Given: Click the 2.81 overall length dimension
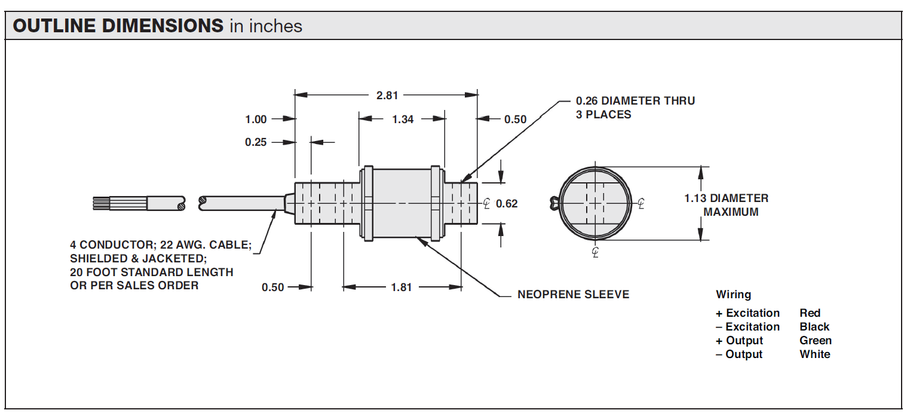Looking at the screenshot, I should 387,95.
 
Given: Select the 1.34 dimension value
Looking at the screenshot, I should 403,119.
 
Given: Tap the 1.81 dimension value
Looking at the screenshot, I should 402,287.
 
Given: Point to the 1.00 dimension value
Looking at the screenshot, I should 256,119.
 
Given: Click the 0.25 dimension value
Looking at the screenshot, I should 256,142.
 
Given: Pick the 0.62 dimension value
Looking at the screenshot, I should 507,204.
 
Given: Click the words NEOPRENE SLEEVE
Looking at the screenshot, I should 573,294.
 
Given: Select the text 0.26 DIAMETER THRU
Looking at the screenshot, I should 635,101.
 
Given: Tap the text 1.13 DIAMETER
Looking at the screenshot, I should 726,198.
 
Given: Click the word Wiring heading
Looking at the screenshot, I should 733,295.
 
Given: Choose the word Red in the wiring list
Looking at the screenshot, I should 810,313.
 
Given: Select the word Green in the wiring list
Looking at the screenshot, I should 815,341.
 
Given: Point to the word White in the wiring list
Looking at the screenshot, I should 814,354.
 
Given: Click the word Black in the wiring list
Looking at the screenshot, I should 814,327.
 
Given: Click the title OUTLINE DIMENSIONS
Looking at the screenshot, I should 118,26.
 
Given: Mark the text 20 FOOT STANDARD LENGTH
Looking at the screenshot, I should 151,272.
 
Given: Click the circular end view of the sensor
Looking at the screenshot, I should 595,204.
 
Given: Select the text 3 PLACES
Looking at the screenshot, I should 603,115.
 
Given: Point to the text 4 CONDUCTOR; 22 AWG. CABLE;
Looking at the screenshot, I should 161,245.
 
